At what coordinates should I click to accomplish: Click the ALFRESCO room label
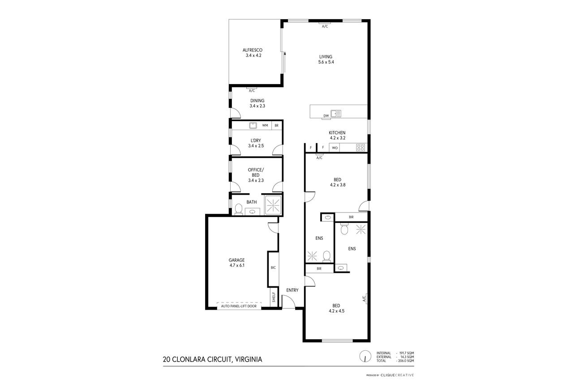click(x=253, y=50)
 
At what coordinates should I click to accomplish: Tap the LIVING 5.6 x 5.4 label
click(x=326, y=59)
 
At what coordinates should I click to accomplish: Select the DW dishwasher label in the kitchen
click(x=326, y=116)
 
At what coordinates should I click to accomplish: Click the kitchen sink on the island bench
click(x=336, y=114)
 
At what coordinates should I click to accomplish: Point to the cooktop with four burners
click(x=360, y=148)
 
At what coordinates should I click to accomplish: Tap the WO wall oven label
click(x=335, y=148)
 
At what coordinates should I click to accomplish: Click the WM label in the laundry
click(x=265, y=125)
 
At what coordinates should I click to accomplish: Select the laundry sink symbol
click(x=253, y=125)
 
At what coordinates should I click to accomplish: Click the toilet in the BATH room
click(x=239, y=209)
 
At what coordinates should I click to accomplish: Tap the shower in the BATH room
click(x=273, y=205)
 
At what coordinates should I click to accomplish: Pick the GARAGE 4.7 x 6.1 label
click(x=237, y=263)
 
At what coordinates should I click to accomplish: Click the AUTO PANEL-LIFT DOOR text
click(x=239, y=306)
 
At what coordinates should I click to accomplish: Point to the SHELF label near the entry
click(x=274, y=297)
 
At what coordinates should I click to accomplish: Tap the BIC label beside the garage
click(x=273, y=268)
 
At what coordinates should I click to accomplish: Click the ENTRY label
click(x=292, y=290)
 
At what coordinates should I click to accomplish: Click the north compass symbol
click(x=365, y=356)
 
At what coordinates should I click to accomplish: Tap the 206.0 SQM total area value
click(x=406, y=361)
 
